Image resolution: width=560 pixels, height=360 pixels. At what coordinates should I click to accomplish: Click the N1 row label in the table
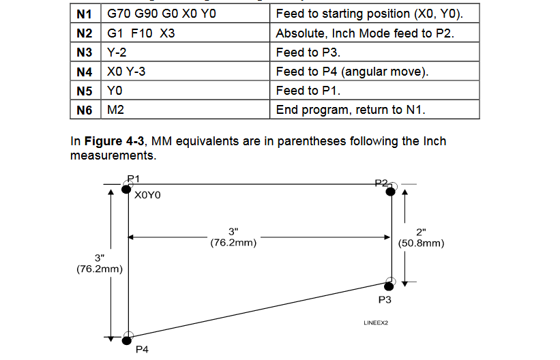pyautogui.click(x=85, y=14)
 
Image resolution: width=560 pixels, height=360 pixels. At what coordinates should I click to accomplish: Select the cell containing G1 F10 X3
pyautogui.click(x=186, y=33)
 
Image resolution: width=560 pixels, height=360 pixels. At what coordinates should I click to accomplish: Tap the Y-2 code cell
pyautogui.click(x=186, y=52)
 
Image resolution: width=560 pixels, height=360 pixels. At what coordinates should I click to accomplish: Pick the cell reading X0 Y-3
pyautogui.click(x=186, y=71)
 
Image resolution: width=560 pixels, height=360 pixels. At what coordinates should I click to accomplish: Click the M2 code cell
pyautogui.click(x=186, y=109)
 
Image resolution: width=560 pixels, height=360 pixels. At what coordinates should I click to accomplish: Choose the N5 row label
pyautogui.click(x=85, y=91)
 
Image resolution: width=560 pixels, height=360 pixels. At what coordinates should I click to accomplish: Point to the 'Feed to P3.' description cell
pyautogui.click(x=374, y=52)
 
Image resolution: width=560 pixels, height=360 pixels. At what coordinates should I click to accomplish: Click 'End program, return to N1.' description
pyautogui.click(x=374, y=109)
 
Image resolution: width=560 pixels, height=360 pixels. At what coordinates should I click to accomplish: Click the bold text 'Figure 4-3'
pyautogui.click(x=114, y=141)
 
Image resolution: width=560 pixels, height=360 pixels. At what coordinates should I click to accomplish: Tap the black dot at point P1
pyautogui.click(x=126, y=189)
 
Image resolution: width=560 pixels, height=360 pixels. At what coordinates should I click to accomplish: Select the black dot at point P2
pyautogui.click(x=391, y=192)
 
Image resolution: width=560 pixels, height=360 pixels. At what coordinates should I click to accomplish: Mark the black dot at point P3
pyautogui.click(x=389, y=286)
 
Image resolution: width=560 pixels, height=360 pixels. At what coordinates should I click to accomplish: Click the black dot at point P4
pyautogui.click(x=127, y=340)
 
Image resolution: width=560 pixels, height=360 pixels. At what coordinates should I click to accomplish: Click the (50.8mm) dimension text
pyautogui.click(x=421, y=243)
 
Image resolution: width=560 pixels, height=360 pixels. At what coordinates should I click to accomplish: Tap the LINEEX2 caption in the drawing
pyautogui.click(x=376, y=323)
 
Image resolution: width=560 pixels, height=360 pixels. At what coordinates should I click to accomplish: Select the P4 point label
pyautogui.click(x=142, y=349)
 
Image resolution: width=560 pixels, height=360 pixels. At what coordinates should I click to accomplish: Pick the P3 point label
pyautogui.click(x=385, y=299)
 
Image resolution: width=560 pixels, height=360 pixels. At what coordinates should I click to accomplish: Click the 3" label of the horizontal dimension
pyautogui.click(x=233, y=232)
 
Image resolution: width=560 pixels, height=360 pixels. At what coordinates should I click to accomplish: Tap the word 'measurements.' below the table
pyautogui.click(x=113, y=155)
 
